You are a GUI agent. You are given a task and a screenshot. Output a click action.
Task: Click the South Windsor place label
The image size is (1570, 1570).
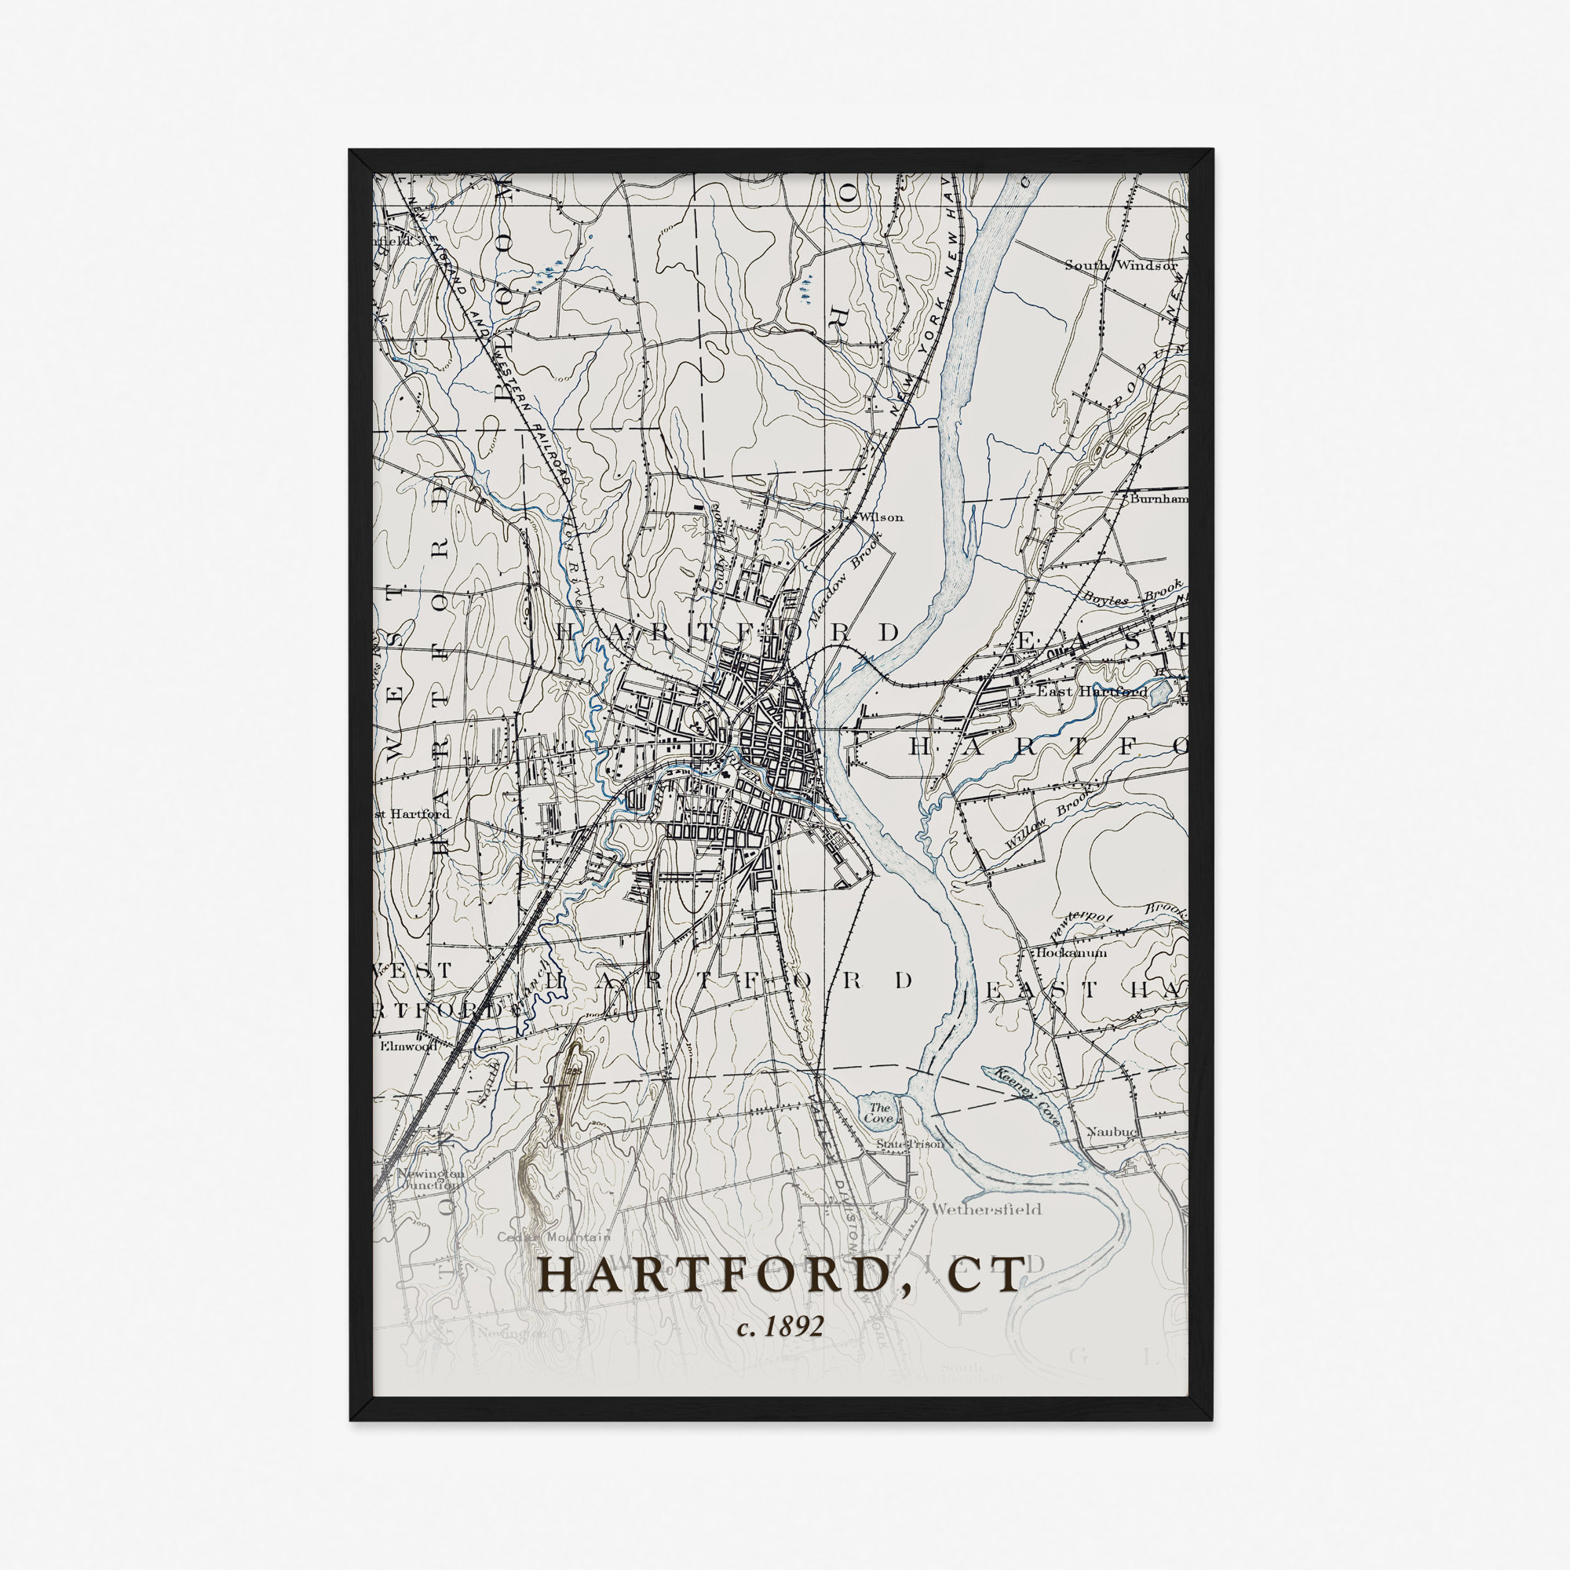click(x=1121, y=265)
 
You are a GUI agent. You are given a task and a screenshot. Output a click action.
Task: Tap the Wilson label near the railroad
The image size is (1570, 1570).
click(x=881, y=516)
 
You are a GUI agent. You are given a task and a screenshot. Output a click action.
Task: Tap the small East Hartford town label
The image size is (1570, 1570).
click(x=1091, y=691)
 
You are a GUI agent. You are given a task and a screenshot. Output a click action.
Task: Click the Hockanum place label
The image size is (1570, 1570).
click(x=1071, y=952)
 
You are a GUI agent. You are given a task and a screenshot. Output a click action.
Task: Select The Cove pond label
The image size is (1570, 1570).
click(x=878, y=1112)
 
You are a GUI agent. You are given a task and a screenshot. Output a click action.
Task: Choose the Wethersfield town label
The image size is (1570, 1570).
click(x=986, y=1209)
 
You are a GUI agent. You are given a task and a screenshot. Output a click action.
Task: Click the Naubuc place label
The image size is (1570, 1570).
click(x=1112, y=1131)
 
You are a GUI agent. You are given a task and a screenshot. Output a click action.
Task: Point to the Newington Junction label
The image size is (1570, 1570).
click(x=429, y=1179)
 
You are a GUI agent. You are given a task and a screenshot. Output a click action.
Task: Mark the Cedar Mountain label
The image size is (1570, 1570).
click(x=553, y=1237)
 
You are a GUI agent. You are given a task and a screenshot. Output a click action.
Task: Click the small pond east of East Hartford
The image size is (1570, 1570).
click(x=1160, y=691)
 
